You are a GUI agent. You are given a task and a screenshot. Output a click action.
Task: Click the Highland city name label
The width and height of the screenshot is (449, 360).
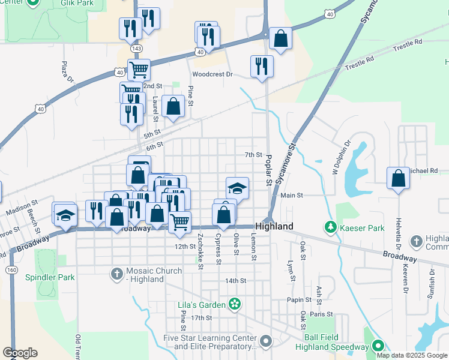pyautogui.click(x=274, y=226)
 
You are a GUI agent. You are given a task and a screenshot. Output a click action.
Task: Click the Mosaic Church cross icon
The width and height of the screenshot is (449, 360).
pyautogui.click(x=118, y=275)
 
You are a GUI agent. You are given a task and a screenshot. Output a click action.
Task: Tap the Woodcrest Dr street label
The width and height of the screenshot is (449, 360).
pyautogui.click(x=212, y=75)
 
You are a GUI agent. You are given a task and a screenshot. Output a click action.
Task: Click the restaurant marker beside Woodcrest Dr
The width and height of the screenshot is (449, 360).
pyautogui.click(x=262, y=66)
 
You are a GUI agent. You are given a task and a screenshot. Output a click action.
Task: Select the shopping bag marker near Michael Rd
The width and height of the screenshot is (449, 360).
pyautogui.click(x=398, y=179)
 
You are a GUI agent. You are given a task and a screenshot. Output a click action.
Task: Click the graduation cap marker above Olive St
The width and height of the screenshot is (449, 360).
pyautogui.click(x=237, y=188)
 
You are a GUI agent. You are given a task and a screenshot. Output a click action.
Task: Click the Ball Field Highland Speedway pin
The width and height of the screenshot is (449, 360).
pyautogui.click(x=378, y=346)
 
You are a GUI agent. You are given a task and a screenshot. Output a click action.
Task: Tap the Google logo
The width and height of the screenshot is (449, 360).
pyautogui.click(x=20, y=353)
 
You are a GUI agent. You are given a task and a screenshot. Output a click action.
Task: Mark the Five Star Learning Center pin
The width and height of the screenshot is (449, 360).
pyautogui.click(x=267, y=342)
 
